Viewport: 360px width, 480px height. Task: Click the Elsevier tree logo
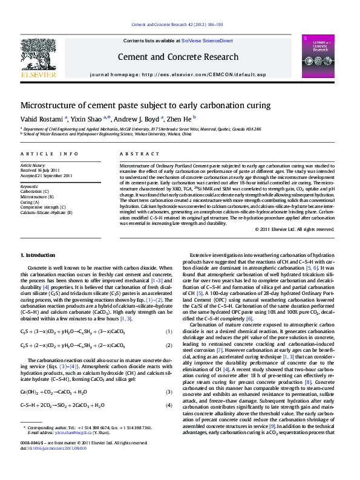pos(39,58)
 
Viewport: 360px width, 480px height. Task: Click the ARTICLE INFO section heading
pos(49,154)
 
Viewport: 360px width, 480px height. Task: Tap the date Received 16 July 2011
pos(40,170)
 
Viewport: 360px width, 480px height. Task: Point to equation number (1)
pos(169,332)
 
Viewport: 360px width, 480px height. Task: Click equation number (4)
pos(169,405)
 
